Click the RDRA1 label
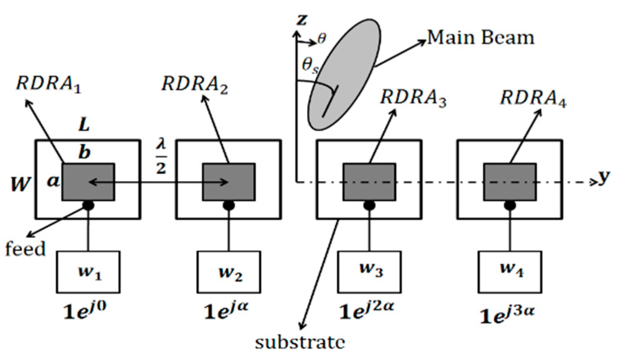(x=49, y=85)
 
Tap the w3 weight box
(x=369, y=271)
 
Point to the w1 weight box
(x=88, y=271)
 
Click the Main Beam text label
(x=481, y=38)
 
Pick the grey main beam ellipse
(x=344, y=75)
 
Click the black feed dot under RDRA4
(x=510, y=205)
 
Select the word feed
(x=25, y=248)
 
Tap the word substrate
(x=300, y=342)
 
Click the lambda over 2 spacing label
(x=161, y=157)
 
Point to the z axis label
(x=302, y=19)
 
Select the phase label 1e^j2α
(x=366, y=310)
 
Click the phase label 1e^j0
(x=85, y=310)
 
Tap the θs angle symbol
(x=310, y=65)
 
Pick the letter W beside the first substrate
(x=20, y=184)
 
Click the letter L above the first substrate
(x=84, y=125)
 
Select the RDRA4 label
(x=533, y=98)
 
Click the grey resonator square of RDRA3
(x=369, y=182)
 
